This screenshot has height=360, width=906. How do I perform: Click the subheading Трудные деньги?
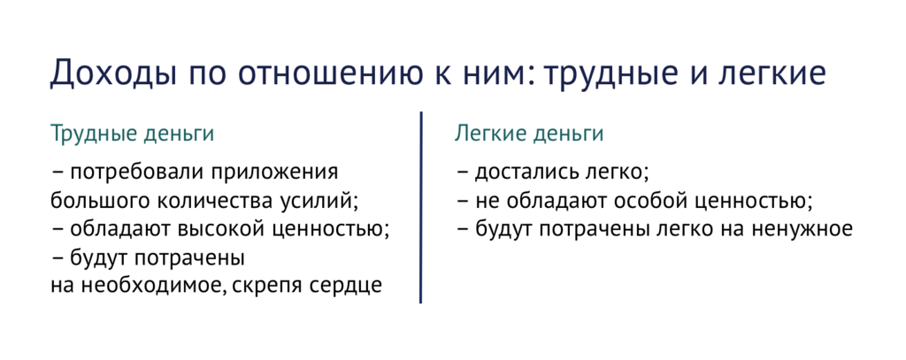[x=132, y=135]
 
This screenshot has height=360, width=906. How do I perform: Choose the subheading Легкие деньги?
[x=529, y=135]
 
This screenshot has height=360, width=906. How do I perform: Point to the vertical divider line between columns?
[x=420, y=208]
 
